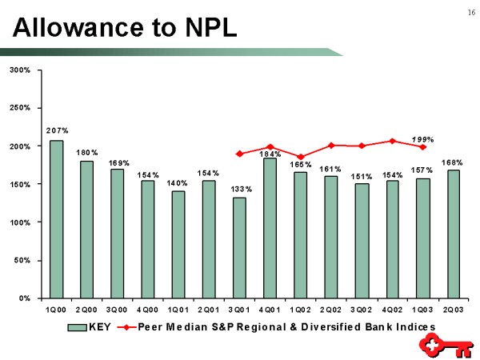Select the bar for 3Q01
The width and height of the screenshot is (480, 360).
[x=239, y=247]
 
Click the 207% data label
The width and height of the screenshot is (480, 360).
[x=57, y=130]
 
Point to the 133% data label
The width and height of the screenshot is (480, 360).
[x=240, y=189]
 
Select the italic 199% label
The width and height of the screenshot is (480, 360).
[x=422, y=139]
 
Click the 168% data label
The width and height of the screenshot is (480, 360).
[x=454, y=162]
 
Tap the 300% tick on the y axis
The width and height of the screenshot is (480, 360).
[x=20, y=70]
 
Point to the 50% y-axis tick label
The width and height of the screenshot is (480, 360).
[x=22, y=260]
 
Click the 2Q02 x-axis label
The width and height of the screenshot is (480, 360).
[x=331, y=309]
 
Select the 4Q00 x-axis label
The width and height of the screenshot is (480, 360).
[x=147, y=309]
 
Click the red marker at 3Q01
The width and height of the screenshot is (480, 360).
[x=239, y=154]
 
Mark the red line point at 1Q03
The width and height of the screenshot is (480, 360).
[x=422, y=147]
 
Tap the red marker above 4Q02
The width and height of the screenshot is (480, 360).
[x=392, y=141]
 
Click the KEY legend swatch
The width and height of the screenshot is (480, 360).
[x=76, y=326]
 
